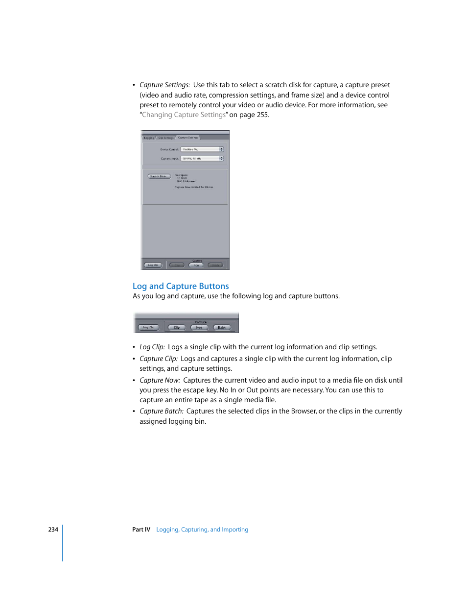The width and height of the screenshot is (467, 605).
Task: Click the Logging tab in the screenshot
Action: tap(149, 138)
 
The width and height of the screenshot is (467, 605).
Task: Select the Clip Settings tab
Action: tap(166, 138)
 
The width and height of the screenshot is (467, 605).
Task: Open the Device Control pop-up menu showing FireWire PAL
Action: tap(202, 149)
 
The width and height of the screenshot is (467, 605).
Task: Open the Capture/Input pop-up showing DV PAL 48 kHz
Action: tap(202, 159)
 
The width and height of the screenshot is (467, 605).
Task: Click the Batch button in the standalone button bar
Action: tap(222, 327)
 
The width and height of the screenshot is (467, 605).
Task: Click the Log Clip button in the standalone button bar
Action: tap(148, 327)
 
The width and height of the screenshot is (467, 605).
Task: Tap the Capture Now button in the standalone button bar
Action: tap(199, 327)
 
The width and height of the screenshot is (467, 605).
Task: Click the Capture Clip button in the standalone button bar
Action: tap(177, 327)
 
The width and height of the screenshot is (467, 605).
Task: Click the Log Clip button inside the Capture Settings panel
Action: tap(153, 265)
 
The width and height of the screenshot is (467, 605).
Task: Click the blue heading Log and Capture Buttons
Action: tap(181, 286)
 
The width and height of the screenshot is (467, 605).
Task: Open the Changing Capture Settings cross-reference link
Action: tap(184, 115)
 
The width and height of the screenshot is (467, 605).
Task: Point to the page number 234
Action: tap(53, 530)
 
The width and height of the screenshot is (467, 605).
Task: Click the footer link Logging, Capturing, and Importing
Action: tap(202, 530)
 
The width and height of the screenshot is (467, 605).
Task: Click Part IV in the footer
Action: tap(141, 530)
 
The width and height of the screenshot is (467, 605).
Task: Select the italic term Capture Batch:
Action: tap(161, 411)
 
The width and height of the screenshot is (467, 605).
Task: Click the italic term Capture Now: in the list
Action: tap(160, 380)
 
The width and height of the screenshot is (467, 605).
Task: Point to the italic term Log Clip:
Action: tap(152, 347)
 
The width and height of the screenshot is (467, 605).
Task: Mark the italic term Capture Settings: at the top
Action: tap(164, 85)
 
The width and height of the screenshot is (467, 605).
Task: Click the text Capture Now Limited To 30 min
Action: tap(194, 187)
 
